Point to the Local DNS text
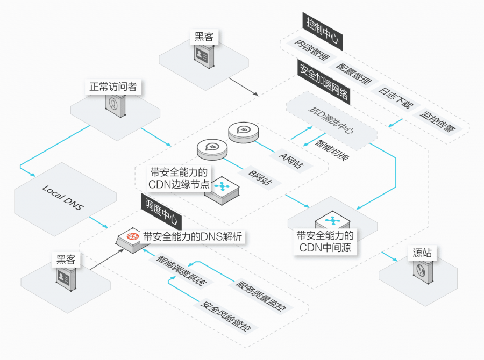[63, 198]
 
